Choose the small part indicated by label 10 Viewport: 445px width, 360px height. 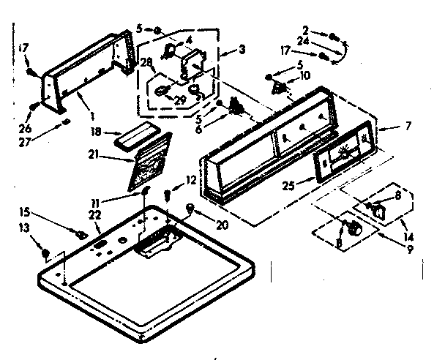pos(279,87)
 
